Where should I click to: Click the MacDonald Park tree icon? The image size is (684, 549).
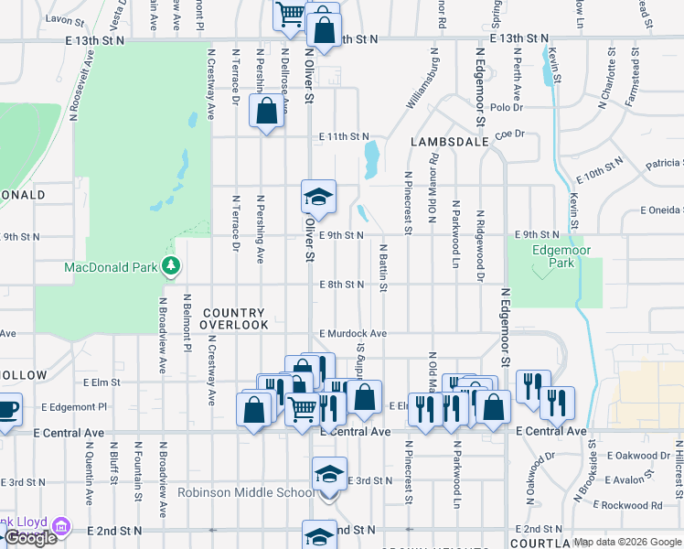[x=170, y=266]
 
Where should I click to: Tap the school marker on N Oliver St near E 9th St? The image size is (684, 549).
[x=318, y=197]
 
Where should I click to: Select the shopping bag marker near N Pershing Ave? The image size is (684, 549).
[x=265, y=113]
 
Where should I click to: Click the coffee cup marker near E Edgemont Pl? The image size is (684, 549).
[x=6, y=409]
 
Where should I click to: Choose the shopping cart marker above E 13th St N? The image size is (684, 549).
[x=291, y=13]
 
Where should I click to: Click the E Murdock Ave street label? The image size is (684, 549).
[x=353, y=334]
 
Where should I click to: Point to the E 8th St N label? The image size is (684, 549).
[x=343, y=285]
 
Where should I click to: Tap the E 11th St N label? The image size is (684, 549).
[x=344, y=136]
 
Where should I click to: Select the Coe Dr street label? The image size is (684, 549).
[x=509, y=134]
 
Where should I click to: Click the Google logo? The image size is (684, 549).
[x=30, y=538]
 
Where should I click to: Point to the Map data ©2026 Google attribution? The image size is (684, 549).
[x=627, y=542]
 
